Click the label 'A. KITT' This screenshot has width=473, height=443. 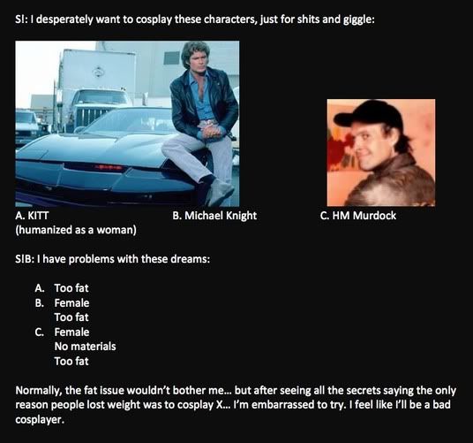(32, 216)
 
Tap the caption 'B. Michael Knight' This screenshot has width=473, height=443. (214, 216)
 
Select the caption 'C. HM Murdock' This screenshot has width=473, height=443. (358, 216)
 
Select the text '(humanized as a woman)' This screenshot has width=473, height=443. (76, 230)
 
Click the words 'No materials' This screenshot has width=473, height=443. (85, 347)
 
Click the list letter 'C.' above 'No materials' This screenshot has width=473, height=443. (40, 332)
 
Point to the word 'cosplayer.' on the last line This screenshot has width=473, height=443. (40, 419)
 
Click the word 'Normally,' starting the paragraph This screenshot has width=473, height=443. (39, 391)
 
